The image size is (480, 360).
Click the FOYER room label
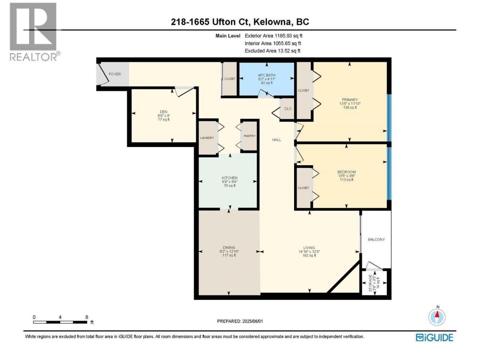tap(115, 74)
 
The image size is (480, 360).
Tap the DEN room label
tap(163, 112)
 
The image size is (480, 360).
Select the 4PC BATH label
tap(267, 75)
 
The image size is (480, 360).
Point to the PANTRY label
tap(249, 136)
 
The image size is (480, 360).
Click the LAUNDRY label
tap(207, 138)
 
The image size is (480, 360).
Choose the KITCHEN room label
tap(229, 178)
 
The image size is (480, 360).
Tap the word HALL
tap(276, 139)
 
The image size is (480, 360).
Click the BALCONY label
tap(376, 240)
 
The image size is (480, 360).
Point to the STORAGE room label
tap(370, 283)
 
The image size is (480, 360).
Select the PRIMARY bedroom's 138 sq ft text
tap(350, 108)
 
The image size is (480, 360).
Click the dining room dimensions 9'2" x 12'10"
tap(229, 251)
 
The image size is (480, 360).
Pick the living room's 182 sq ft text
tap(309, 255)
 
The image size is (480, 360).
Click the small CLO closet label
tap(288, 109)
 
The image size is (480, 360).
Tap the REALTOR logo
tap(34, 32)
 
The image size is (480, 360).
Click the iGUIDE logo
tap(434, 338)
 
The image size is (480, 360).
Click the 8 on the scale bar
tap(87, 317)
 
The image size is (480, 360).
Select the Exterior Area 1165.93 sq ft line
tap(273, 36)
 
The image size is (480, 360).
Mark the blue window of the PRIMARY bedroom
tap(389, 118)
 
